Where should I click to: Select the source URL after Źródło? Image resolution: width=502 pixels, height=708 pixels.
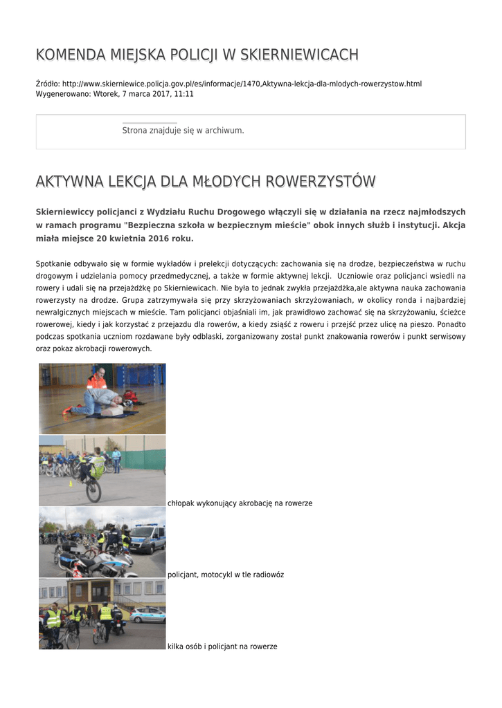242,84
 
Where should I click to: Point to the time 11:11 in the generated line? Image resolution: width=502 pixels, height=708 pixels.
184,93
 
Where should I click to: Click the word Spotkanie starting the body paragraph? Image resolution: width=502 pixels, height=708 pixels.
52,263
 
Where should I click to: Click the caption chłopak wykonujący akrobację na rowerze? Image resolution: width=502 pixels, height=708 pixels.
240,503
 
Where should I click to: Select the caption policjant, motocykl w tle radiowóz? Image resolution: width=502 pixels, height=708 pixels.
226,575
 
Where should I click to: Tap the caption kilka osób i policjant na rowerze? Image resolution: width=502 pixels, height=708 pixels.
222,646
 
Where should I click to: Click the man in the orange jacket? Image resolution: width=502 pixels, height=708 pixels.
97,381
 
